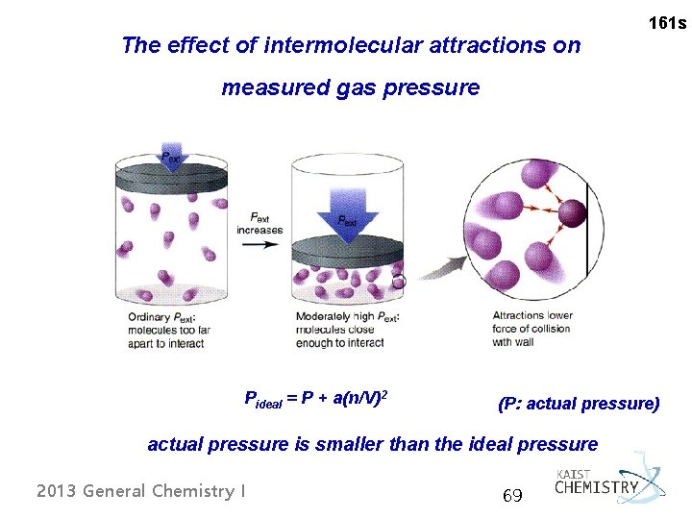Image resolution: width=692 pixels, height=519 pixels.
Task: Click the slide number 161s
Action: click(667, 22)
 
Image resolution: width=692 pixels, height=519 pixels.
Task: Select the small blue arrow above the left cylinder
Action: click(171, 157)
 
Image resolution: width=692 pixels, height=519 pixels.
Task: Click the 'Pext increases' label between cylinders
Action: click(259, 223)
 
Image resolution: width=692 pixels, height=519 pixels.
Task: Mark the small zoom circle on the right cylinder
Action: click(399, 283)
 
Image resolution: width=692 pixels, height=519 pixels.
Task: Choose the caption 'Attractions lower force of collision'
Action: click(531, 329)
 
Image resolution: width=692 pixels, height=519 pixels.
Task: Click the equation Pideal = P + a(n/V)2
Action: click(322, 399)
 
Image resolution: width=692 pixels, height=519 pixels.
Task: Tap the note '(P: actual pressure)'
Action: click(579, 404)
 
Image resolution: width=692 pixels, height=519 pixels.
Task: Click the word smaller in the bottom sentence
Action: click(399, 444)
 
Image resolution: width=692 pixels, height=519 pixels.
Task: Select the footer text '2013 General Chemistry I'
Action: click(140, 491)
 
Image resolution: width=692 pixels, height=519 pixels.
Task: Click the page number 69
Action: click(512, 496)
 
